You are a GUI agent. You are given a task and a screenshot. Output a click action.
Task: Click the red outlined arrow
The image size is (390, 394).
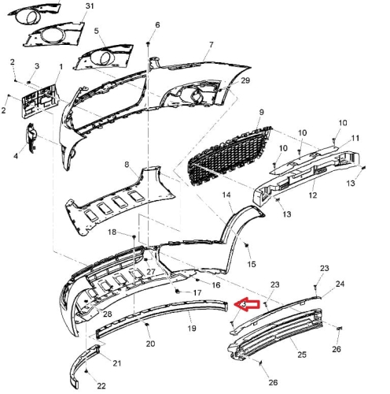pyautogui.click(x=246, y=305)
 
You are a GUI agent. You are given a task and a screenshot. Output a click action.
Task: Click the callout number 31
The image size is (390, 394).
pyautogui.click(x=90, y=6)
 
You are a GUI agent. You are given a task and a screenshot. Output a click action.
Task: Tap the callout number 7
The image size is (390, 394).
pyautogui.click(x=212, y=45)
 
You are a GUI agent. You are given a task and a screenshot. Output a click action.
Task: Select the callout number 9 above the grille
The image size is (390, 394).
pyautogui.click(x=261, y=112)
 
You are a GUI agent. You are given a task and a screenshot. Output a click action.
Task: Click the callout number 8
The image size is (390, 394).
pyautogui.click(x=127, y=165)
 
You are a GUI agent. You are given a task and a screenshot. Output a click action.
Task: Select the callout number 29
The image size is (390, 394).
pyautogui.click(x=245, y=80)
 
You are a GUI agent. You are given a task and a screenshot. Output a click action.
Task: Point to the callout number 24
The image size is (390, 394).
pyautogui.click(x=340, y=284)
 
